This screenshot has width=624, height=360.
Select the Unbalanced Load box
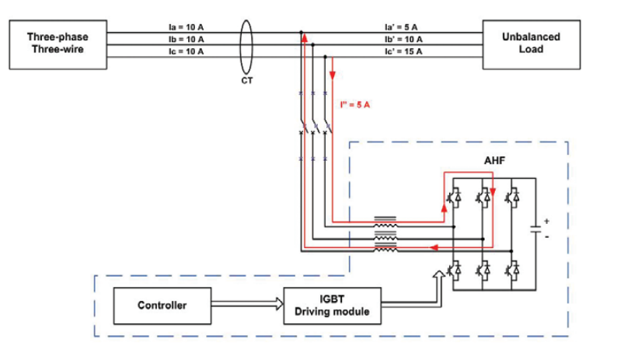(531, 42)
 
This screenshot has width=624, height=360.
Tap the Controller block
(162, 306)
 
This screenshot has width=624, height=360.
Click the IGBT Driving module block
(333, 306)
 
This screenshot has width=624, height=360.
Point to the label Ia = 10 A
(186, 26)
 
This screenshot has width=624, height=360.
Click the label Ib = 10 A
(186, 38)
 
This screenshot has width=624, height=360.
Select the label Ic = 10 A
(186, 51)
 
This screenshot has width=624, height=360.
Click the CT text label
(248, 79)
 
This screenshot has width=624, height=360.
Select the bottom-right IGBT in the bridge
(512, 269)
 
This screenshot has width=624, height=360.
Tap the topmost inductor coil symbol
(385, 220)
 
